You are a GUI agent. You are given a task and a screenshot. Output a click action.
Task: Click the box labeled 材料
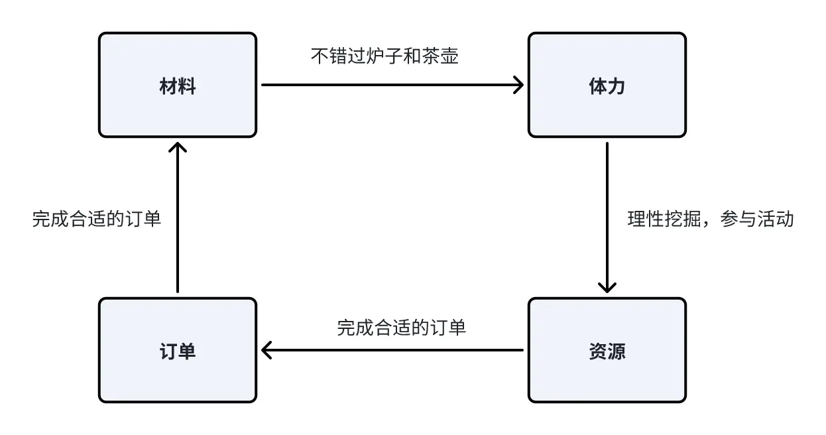pos(178,85)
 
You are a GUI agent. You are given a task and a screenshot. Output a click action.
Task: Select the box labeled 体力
pos(607,85)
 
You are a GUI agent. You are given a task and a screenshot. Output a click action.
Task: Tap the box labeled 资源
pos(607,350)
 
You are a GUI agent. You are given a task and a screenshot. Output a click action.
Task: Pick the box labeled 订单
pos(178,350)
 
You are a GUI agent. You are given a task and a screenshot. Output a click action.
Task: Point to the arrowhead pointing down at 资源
pos(607,286)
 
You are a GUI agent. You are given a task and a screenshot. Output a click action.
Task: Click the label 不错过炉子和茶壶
pos(384,56)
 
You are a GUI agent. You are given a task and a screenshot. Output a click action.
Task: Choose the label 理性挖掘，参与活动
pos(711,219)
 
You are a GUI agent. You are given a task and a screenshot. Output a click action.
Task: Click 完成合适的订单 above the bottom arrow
pos(401,327)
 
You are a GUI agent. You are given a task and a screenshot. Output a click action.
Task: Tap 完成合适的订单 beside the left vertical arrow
pos(96,219)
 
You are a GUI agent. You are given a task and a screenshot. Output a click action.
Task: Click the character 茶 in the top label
pos(430,56)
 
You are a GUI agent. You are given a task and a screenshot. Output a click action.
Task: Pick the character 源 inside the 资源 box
pos(617,351)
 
